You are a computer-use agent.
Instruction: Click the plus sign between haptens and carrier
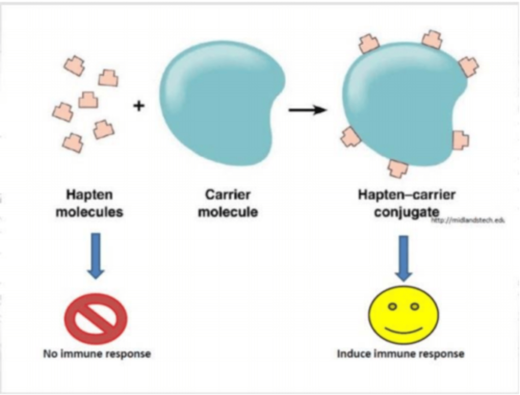click(x=139, y=106)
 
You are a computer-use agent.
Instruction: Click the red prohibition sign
click(x=96, y=318)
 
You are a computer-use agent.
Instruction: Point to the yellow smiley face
click(x=403, y=314)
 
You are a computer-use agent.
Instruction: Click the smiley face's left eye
click(x=393, y=307)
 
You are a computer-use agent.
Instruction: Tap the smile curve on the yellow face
click(x=403, y=330)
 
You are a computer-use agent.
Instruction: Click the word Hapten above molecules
click(x=90, y=195)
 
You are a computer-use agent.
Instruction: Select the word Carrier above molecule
click(x=228, y=195)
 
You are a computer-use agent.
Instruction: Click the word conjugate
click(x=407, y=212)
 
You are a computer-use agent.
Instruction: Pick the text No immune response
click(x=97, y=353)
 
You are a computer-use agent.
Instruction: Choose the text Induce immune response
click(x=400, y=353)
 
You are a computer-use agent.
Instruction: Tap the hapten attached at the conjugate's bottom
click(x=398, y=168)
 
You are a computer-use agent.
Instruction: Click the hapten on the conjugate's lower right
click(x=460, y=140)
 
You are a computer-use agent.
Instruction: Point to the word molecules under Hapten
click(x=90, y=212)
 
